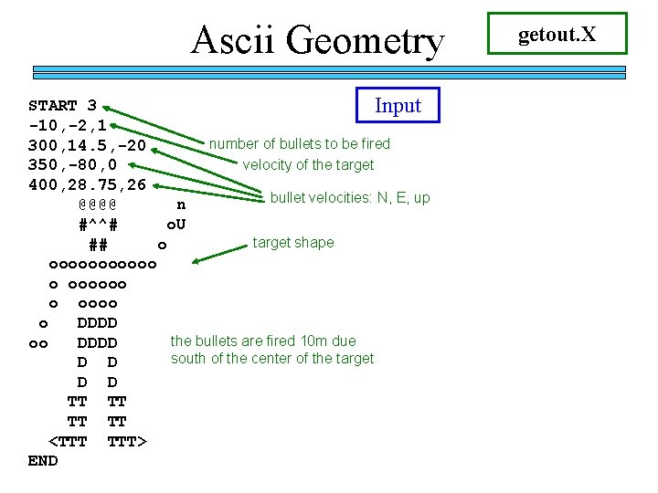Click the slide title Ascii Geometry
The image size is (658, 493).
click(317, 40)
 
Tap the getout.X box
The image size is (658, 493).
click(557, 34)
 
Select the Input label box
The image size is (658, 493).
click(398, 105)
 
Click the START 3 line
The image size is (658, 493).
click(63, 106)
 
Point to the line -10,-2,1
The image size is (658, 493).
click(68, 125)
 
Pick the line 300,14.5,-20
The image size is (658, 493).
click(87, 145)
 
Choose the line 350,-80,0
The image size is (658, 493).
click(72, 165)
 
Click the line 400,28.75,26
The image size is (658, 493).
click(87, 185)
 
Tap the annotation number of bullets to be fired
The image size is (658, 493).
click(300, 143)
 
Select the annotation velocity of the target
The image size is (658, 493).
click(308, 164)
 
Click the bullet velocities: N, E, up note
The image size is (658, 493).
click(350, 197)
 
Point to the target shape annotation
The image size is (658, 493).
click(293, 242)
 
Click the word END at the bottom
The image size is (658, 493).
click(43, 461)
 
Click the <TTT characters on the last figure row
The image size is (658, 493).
click(68, 442)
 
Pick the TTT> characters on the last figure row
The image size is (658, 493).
click(127, 442)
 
